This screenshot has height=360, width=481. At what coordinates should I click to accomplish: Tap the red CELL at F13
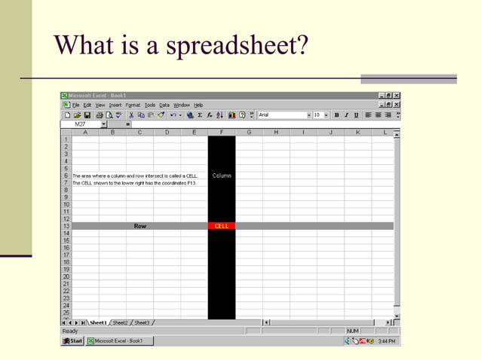coord(222,226)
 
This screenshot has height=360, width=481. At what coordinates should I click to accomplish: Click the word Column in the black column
coord(222,175)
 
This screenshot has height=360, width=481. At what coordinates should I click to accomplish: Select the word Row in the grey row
coord(140,226)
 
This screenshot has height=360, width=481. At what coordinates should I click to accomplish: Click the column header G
coord(249,133)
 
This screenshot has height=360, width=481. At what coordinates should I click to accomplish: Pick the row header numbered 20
coord(66,276)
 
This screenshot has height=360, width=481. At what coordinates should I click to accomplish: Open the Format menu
coord(133,105)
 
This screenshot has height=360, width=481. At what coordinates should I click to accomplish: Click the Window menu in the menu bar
coord(182,105)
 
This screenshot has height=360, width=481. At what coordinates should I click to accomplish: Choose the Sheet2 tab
coord(121,322)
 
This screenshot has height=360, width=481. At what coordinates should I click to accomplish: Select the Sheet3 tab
coord(142,322)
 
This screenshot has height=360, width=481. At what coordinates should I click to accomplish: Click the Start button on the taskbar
coord(73,341)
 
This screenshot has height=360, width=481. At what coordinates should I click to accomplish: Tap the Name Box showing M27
coord(81,124)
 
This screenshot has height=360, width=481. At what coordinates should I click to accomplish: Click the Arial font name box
coord(280,114)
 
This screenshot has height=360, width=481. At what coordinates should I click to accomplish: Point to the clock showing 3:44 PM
coord(387,341)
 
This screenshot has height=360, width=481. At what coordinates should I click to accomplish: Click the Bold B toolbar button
coord(336,114)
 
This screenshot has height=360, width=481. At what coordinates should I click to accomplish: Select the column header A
coord(85,133)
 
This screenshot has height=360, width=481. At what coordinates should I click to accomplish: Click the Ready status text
coord(70,331)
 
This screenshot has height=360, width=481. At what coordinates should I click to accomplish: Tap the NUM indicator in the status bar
coord(354,331)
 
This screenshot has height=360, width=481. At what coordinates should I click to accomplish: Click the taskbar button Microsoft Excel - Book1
coord(119,341)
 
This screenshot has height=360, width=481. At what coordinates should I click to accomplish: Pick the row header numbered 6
coord(66,175)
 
